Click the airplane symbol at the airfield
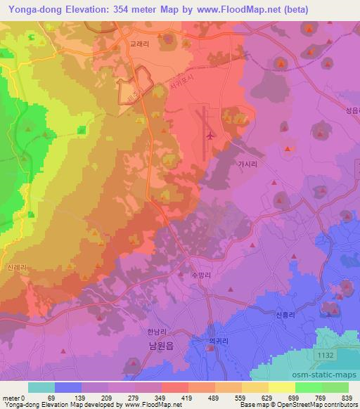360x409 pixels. pyautogui.click(x=210, y=134)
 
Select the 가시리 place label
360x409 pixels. pyautogui.click(x=247, y=164)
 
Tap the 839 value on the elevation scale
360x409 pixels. pyautogui.click(x=346, y=398)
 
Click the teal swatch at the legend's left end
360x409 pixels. pyautogui.click(x=41, y=387)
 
